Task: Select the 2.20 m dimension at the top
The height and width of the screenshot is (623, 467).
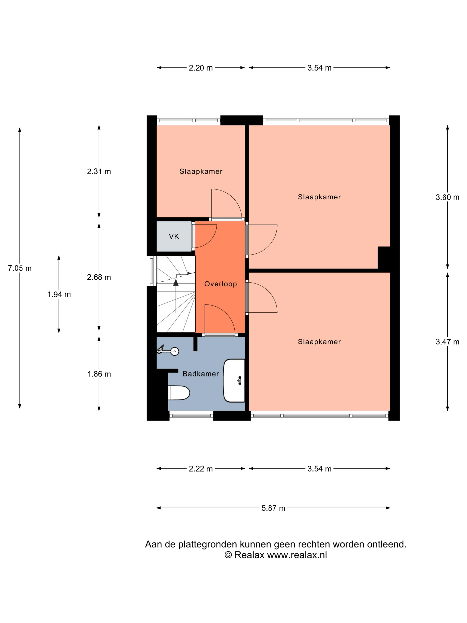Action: click(x=200, y=68)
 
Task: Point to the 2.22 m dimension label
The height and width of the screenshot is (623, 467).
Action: click(x=200, y=469)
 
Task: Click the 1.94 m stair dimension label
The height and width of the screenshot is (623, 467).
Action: click(x=59, y=294)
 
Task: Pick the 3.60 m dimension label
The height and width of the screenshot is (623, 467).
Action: click(x=447, y=197)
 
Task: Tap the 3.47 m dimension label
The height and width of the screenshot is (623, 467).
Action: click(x=447, y=342)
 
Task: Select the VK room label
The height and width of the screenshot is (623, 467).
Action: click(x=174, y=236)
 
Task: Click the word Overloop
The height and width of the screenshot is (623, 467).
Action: click(x=220, y=284)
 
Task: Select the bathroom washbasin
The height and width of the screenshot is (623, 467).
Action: click(x=234, y=380)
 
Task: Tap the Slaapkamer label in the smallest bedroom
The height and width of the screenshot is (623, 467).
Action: click(x=201, y=171)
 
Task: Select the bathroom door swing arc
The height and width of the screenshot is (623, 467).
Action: click(x=221, y=318)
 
